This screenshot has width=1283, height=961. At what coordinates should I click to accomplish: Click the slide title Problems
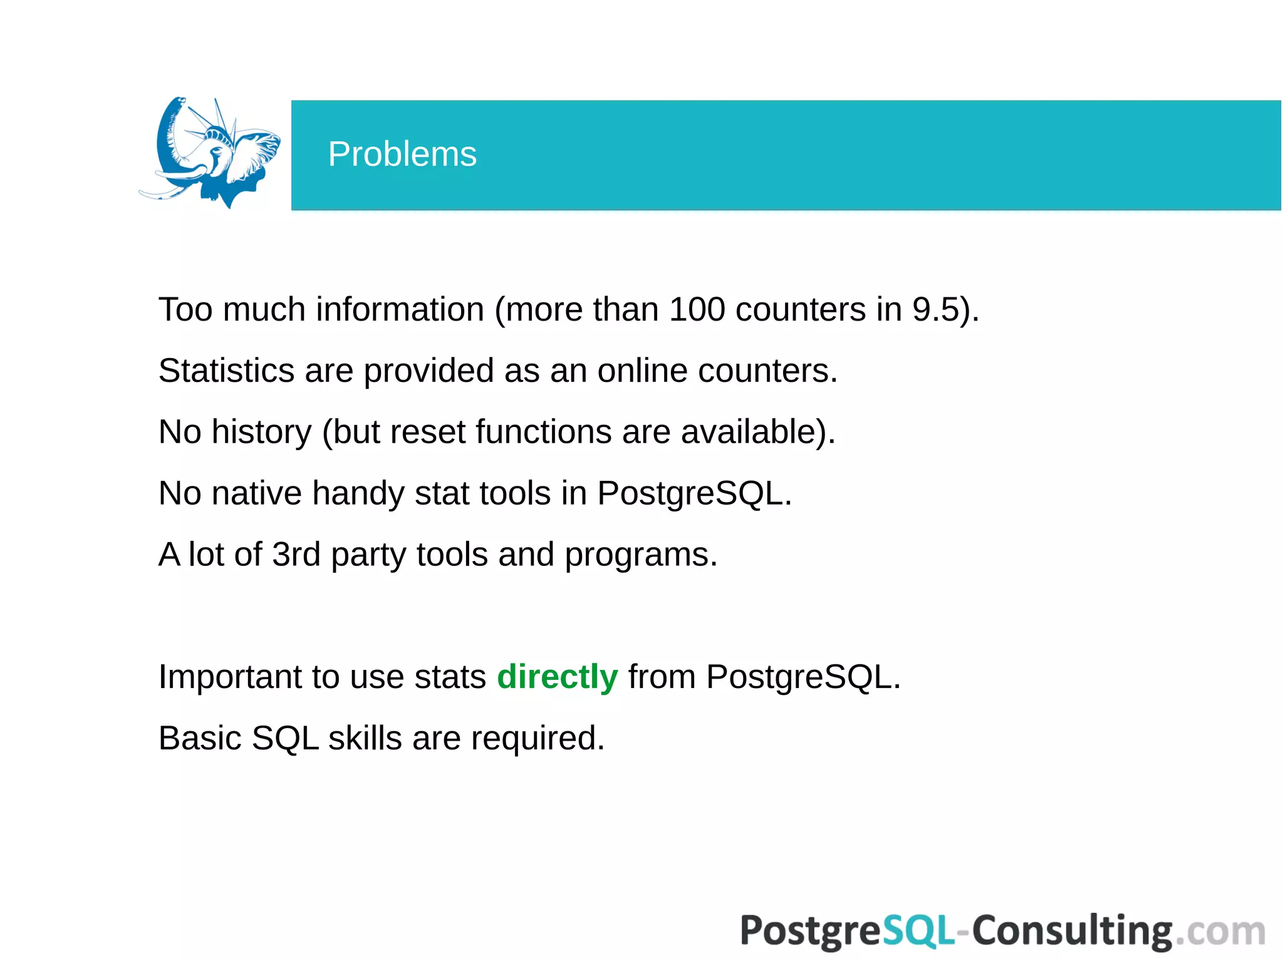pos(402,154)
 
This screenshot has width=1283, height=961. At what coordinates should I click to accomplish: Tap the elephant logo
pos(210,153)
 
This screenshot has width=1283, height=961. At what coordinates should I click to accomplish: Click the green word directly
pos(557,677)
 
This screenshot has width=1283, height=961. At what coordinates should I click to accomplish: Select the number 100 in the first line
pos(697,309)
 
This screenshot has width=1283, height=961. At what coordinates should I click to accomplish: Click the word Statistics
pos(226,371)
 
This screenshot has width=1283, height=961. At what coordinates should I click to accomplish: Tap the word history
pos(261,432)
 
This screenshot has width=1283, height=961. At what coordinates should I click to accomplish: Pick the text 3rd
pos(296,555)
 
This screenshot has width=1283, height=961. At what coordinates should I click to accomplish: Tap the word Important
pos(229,677)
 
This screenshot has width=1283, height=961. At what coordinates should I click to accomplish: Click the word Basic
pos(200,738)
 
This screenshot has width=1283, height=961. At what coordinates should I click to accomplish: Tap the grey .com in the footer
pos(1219,932)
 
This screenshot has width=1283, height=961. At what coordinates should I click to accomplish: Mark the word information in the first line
pos(400,309)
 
